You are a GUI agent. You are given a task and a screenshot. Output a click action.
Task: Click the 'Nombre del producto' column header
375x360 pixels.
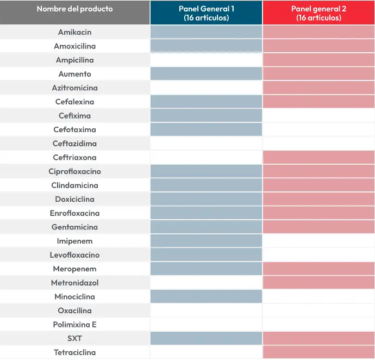coord(74,9)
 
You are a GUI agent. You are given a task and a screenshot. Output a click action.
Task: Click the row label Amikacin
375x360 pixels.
coord(74,32)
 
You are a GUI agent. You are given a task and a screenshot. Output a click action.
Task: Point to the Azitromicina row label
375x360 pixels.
coord(74,88)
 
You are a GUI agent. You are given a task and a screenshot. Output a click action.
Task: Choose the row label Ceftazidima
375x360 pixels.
coord(74,144)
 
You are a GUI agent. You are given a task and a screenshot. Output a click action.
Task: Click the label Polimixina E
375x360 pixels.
coord(74,325)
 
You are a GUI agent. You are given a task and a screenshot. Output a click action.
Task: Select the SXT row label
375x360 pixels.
coord(74,338)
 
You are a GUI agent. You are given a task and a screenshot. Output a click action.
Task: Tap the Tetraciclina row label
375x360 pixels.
coord(74,352)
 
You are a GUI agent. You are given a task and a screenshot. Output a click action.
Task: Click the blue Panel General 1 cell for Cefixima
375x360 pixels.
coord(206,116)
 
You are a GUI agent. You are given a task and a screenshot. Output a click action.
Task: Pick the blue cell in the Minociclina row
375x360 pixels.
coord(206,296)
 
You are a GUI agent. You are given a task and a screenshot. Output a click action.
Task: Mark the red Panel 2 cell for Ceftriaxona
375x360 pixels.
coord(318,157)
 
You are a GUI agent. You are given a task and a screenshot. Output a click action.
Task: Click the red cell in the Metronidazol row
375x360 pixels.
coord(318,283)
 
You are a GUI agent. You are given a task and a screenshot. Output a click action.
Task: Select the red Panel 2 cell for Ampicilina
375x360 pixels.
coord(318,60)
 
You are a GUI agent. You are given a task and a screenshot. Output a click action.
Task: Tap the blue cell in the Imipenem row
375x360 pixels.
coord(206,241)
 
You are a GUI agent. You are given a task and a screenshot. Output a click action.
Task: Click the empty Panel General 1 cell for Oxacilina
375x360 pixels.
coord(206,311)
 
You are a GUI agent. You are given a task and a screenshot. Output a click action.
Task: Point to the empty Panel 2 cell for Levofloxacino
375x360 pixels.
coord(318,255)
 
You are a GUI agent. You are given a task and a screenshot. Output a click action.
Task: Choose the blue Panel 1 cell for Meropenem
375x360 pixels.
coord(206,269)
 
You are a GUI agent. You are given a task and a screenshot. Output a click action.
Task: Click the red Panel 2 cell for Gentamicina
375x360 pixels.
coord(318,227)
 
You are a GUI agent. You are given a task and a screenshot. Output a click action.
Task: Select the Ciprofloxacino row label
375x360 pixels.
coord(74,171)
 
